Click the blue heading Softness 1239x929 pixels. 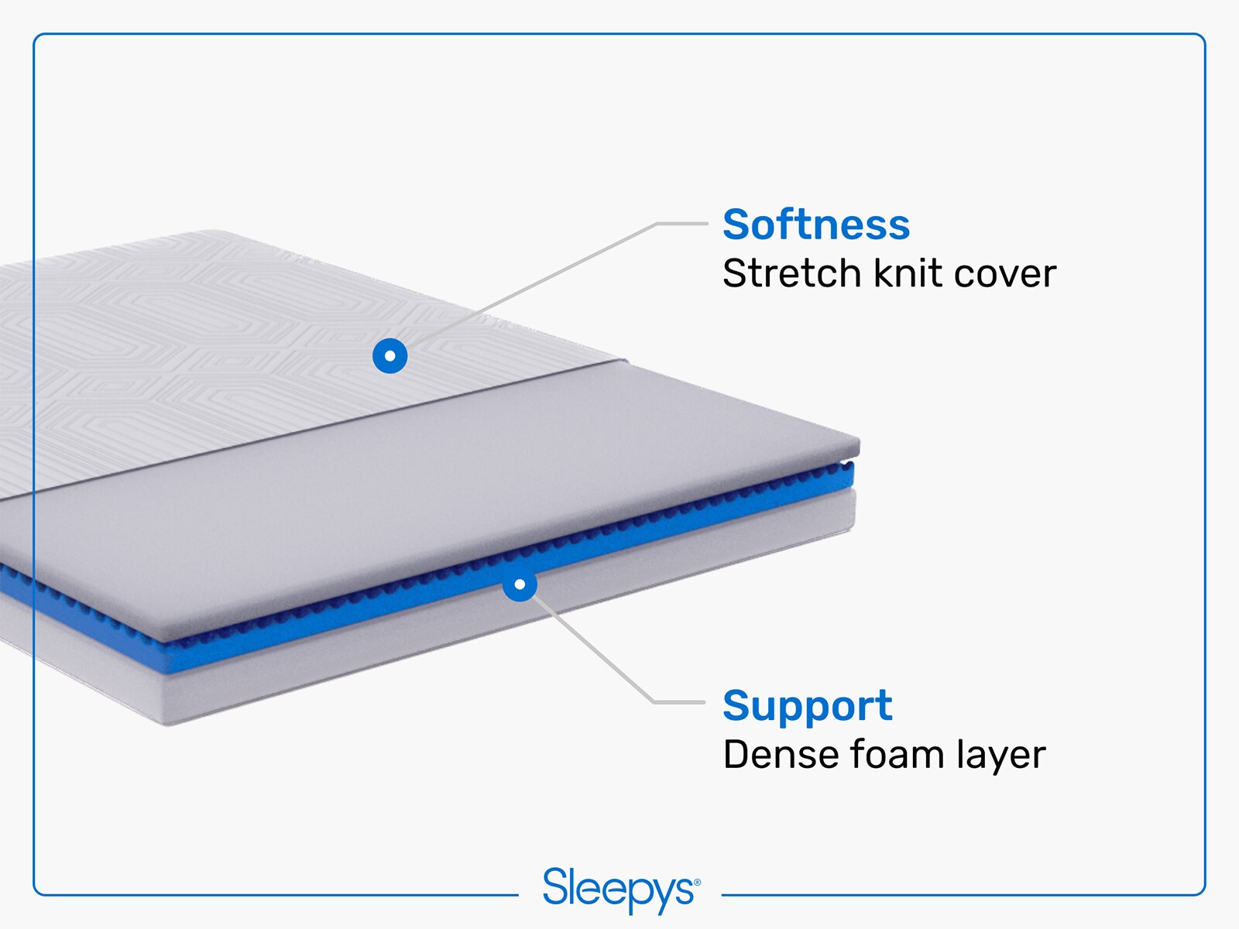coord(815,225)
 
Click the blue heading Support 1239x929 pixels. coord(807,706)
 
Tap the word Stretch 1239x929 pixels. coord(791,274)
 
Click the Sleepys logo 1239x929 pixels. coord(620,890)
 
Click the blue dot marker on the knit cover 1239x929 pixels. coord(390,356)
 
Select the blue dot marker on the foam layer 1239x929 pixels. coord(520,584)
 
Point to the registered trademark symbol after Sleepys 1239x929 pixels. coord(697,883)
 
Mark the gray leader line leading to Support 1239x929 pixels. coord(596,650)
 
